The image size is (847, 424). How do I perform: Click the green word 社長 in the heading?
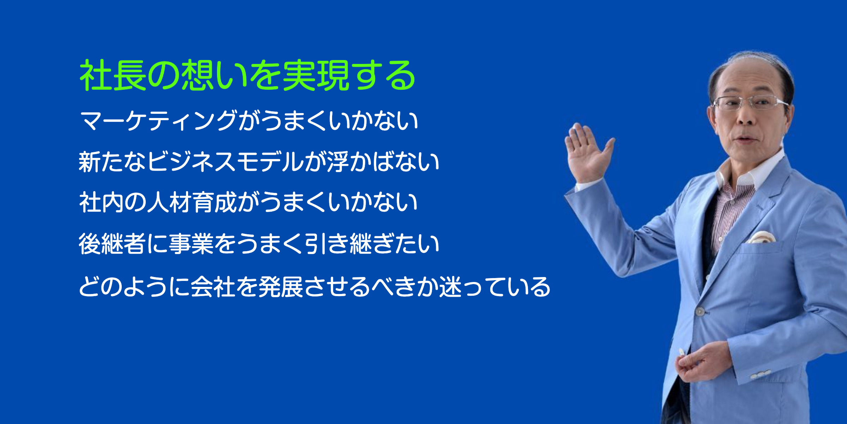pos(113,75)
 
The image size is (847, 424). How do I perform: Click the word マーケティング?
pos(158,120)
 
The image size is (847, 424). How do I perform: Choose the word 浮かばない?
pos(383,162)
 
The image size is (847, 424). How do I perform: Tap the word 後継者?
pos(112,244)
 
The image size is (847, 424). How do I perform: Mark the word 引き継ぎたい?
pos(372,244)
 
